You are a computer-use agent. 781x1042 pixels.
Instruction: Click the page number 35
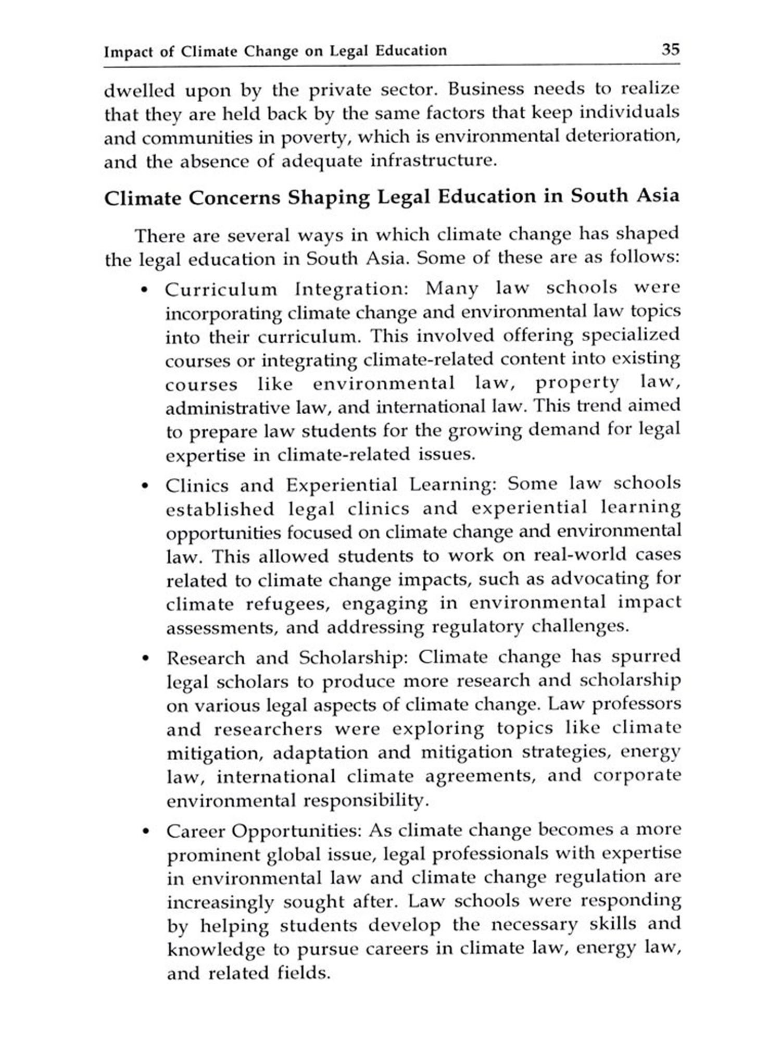click(670, 49)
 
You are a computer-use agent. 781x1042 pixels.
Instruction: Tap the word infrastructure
click(431, 160)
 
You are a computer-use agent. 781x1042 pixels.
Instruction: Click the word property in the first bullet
click(577, 383)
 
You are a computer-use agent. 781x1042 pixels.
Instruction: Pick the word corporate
click(637, 776)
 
